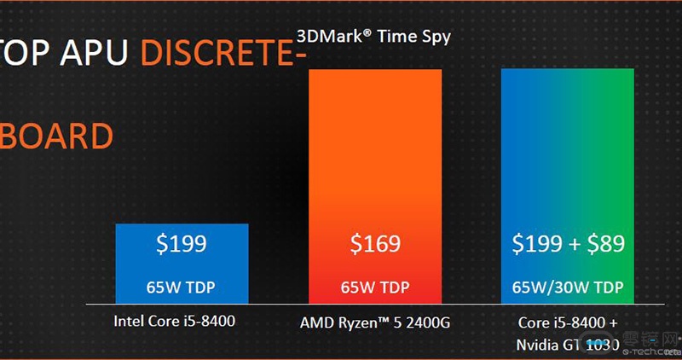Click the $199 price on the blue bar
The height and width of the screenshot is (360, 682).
click(x=182, y=245)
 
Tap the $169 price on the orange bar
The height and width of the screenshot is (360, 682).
click(x=375, y=245)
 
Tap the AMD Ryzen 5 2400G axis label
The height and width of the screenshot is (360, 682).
click(x=374, y=323)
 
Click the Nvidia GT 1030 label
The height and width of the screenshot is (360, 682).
click(x=568, y=344)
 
